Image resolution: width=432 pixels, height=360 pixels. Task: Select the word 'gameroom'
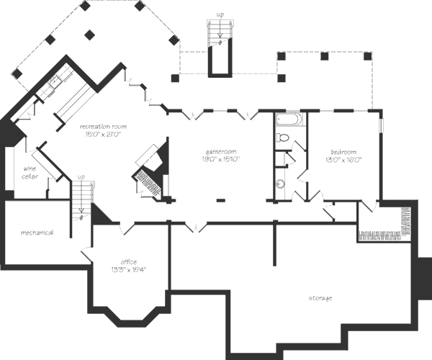[x=221, y=152]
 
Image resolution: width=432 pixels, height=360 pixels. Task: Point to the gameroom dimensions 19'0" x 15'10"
[x=221, y=159]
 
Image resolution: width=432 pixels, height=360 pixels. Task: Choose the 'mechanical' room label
[x=37, y=232]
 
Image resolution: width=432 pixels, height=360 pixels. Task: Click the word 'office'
[x=127, y=262]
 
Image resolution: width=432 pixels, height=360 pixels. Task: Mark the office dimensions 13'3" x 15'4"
[x=127, y=270]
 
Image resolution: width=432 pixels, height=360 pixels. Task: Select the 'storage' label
[x=320, y=297]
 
